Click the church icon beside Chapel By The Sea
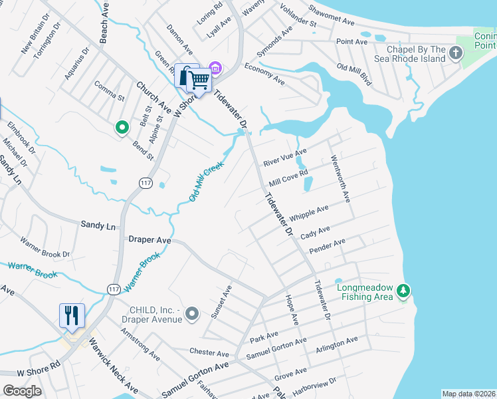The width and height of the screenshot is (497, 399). point(456,53)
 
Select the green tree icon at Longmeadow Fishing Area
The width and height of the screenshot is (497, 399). point(403,291)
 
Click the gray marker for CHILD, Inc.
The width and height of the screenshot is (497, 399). point(193,313)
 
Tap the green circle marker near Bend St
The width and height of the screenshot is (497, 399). point(122,127)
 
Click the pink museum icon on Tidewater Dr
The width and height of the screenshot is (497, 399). point(215,68)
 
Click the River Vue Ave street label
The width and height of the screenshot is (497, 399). point(284,158)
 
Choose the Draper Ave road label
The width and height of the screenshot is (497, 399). point(150,239)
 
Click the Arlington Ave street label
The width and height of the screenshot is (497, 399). point(337,344)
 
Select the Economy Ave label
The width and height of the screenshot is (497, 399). point(264,74)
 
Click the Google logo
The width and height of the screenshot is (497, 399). point(22,391)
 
